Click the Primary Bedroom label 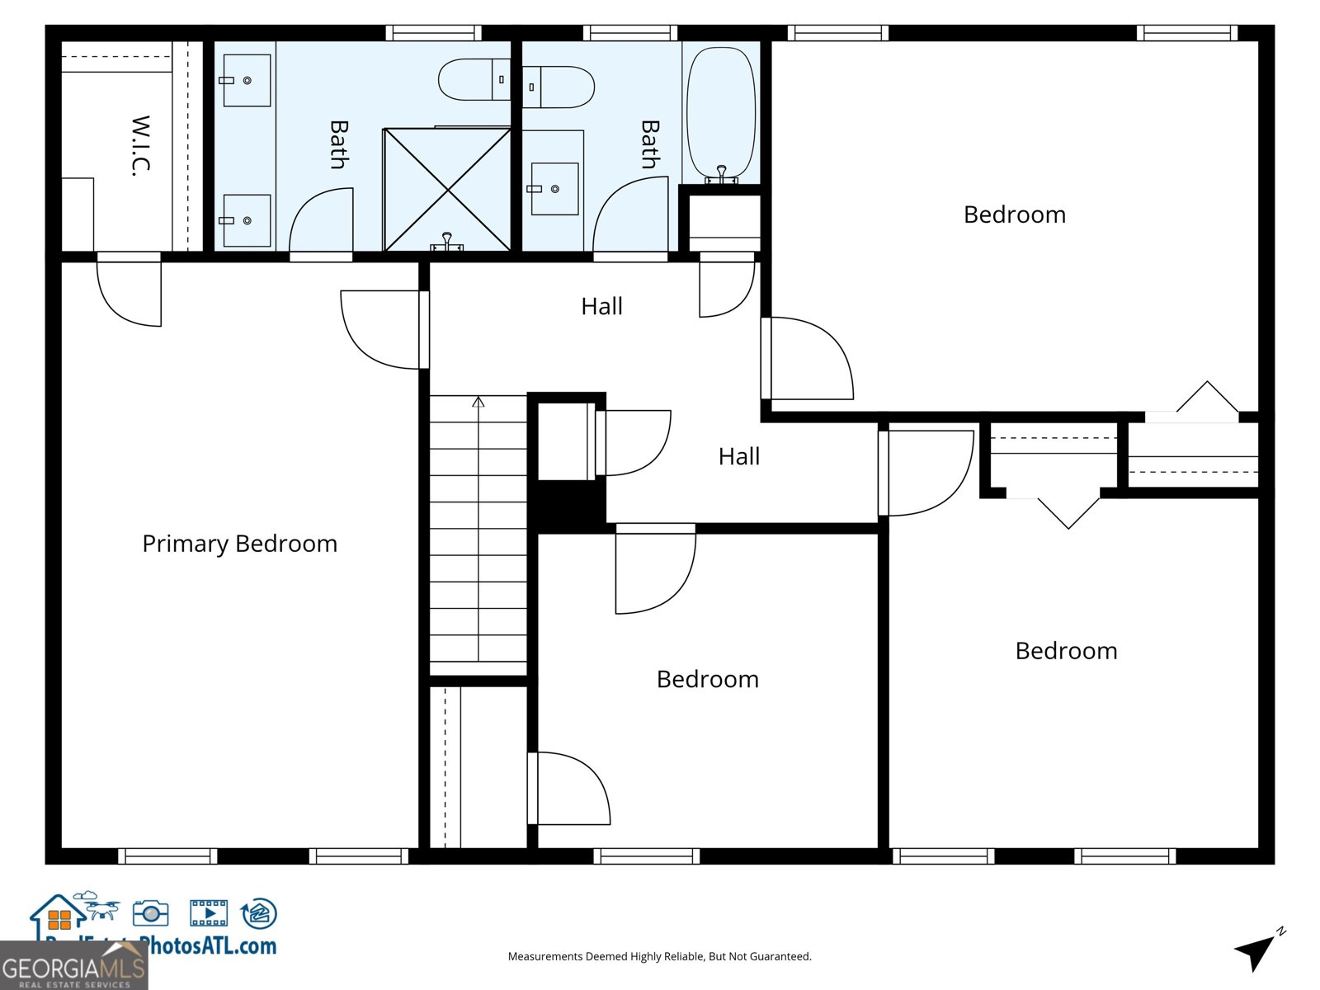pos(239,544)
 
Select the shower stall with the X pos(447,190)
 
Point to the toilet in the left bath pos(474,79)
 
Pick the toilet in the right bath pos(559,87)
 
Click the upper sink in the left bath pos(247,80)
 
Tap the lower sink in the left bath pos(247,220)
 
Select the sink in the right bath pos(554,189)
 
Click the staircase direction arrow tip pos(478,401)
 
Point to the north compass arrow pos(1256,951)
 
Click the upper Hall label pos(601,306)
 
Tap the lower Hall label pos(738,456)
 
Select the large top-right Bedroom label pos(1014,214)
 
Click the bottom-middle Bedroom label pos(707,679)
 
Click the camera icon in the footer pos(150,913)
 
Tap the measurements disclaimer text pos(659,956)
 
